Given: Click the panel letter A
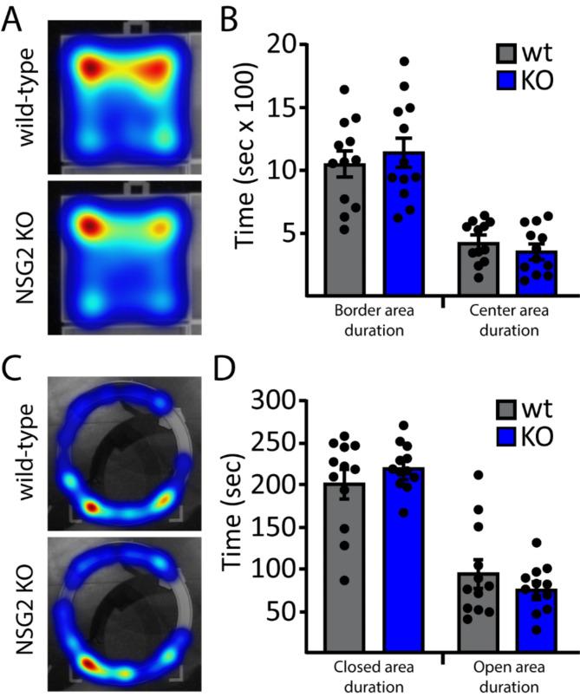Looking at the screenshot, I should click(16, 17).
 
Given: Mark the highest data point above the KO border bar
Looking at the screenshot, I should click(404, 62).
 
